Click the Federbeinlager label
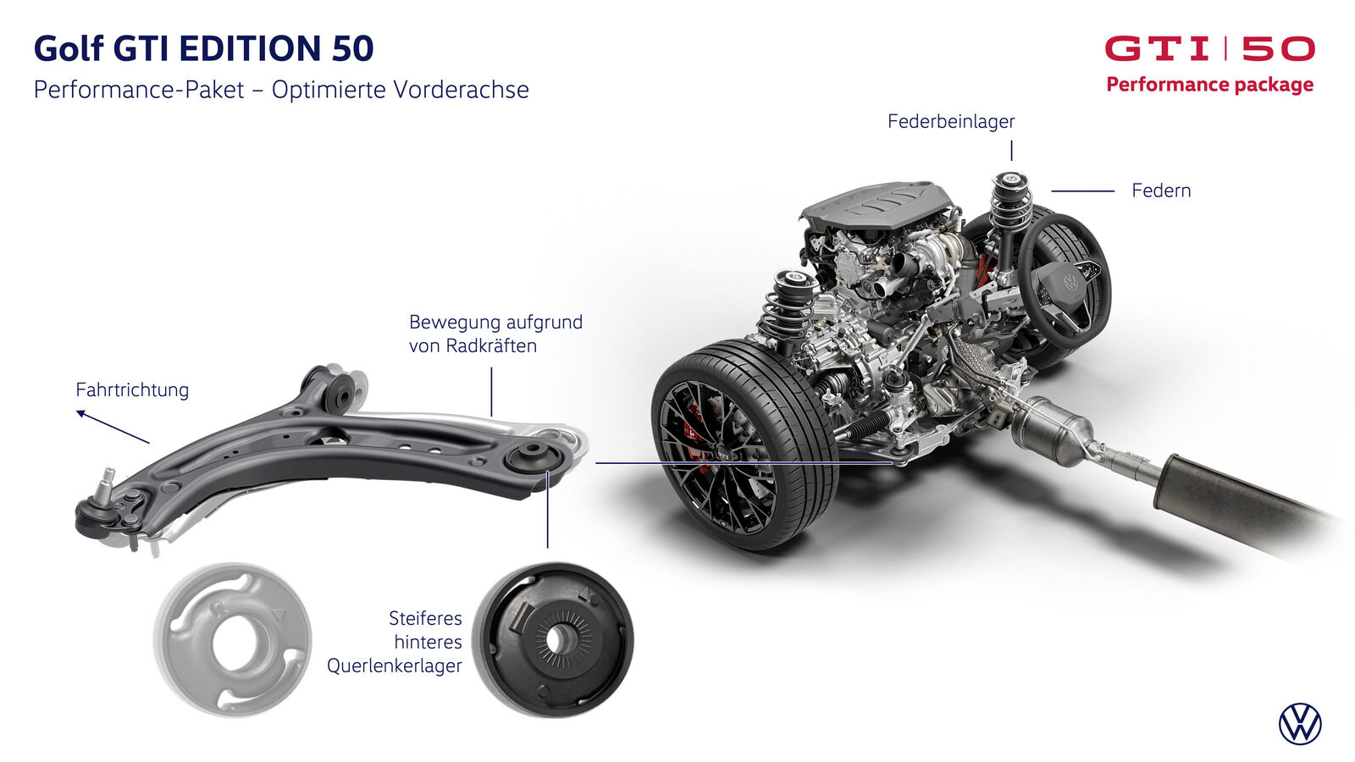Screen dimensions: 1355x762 coord(951,122)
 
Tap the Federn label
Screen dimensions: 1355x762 coord(1161,190)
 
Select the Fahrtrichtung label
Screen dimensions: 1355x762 coord(132,390)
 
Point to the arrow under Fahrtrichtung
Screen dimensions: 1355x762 coord(113,427)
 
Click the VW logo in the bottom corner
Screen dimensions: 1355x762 coord(1299,724)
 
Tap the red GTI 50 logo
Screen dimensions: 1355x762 coord(1210,48)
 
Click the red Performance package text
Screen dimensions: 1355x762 coord(1210,85)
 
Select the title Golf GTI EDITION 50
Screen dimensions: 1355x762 coord(203,48)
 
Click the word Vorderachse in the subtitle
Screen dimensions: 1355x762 coord(461,90)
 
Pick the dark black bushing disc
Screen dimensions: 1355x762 coord(552,640)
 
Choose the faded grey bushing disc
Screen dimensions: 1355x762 coord(232,640)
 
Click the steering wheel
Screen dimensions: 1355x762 coord(1065,280)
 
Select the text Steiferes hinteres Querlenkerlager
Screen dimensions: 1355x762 coord(395,643)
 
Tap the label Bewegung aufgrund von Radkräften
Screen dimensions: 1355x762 coord(495,334)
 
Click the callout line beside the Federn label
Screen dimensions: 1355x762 coord(1083,191)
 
